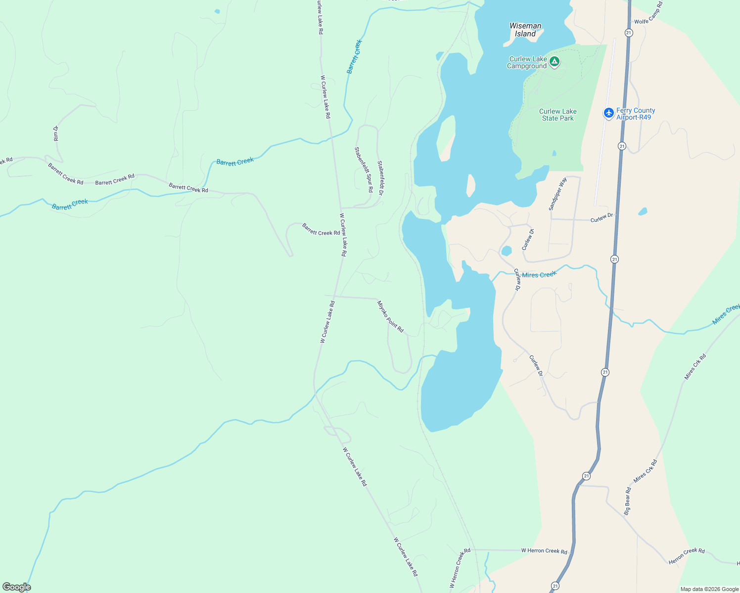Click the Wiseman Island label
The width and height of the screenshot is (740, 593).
525,30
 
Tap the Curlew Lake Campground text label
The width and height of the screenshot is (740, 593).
527,63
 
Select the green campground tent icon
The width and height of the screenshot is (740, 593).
555,62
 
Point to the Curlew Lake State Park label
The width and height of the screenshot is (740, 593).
557,115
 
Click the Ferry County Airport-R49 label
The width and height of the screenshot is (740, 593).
635,114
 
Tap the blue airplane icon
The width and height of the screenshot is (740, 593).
609,113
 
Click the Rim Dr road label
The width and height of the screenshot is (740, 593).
56,133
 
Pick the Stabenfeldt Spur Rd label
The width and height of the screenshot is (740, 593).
364,169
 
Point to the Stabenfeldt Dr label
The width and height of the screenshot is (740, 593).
380,177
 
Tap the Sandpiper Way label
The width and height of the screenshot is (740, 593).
557,194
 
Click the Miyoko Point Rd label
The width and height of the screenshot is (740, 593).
390,316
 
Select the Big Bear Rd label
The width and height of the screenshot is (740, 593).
627,501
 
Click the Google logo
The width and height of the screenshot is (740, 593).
16,587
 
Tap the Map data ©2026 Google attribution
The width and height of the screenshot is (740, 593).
709,589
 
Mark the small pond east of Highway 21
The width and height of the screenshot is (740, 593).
643,212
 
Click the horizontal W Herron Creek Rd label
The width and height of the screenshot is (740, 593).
544,551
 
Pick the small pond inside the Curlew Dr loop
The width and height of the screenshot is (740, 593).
506,251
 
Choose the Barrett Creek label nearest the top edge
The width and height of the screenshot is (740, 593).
355,57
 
